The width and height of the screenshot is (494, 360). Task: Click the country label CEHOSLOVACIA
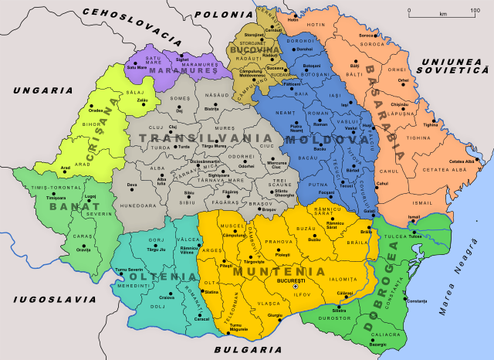128,24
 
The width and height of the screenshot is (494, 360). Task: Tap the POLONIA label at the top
217,14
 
